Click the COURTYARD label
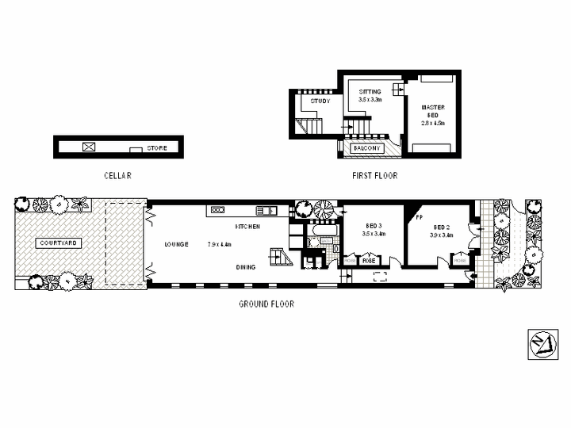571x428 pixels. click(59, 243)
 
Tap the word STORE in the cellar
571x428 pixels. click(157, 148)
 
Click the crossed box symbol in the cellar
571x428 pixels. click(89, 147)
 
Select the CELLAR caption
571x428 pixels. click(117, 176)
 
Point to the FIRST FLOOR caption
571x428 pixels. click(374, 176)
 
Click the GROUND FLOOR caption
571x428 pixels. click(266, 304)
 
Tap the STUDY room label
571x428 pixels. click(320, 101)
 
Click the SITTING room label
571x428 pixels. click(370, 92)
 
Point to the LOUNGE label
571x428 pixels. click(176, 244)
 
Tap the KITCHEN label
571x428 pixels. click(247, 227)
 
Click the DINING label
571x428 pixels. click(246, 267)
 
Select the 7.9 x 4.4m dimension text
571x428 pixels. click(219, 244)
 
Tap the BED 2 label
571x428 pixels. click(442, 226)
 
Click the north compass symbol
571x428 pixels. click(542, 343)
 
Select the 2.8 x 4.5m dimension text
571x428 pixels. click(433, 124)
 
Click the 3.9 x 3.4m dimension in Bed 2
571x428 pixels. click(442, 235)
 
